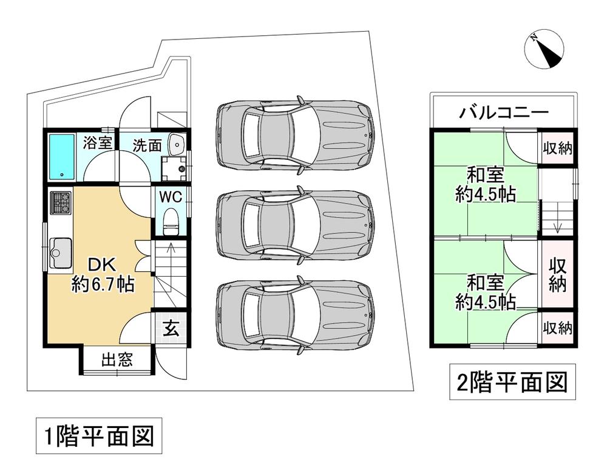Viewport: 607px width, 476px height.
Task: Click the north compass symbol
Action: click(546, 50)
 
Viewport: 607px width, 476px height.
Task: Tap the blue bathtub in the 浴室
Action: click(61, 156)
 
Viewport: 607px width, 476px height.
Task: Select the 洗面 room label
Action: click(148, 145)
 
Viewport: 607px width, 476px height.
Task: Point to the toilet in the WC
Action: click(171, 220)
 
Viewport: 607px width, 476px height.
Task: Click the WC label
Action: click(171, 197)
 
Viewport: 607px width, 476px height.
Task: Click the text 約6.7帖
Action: click(103, 283)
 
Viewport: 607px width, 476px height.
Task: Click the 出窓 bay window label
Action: click(117, 360)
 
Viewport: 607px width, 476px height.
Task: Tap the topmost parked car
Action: click(294, 132)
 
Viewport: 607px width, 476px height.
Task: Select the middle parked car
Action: click(294, 223)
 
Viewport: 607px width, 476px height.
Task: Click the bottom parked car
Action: click(294, 315)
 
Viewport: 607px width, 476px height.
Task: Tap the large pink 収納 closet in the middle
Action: click(557, 275)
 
